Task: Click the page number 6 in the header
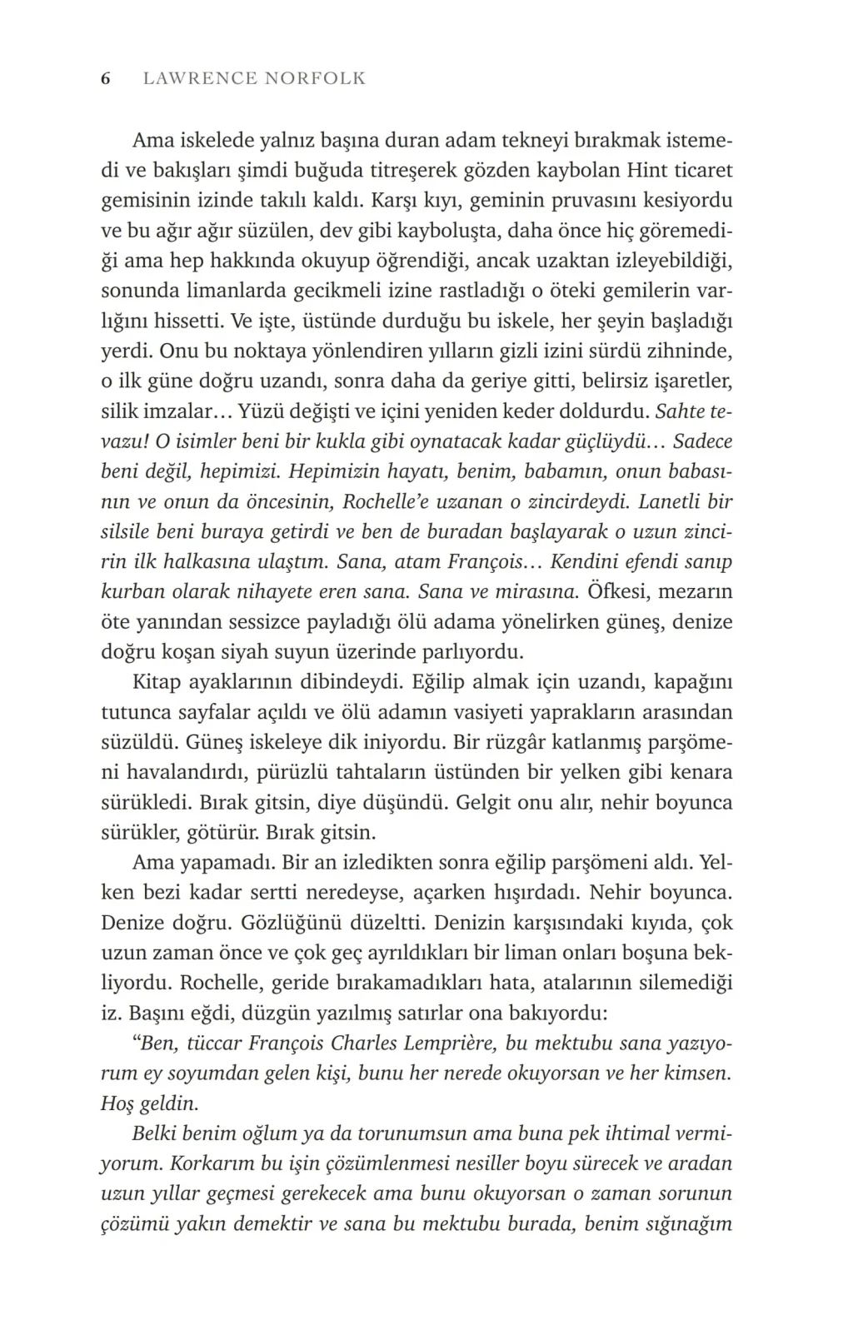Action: click(x=106, y=79)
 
